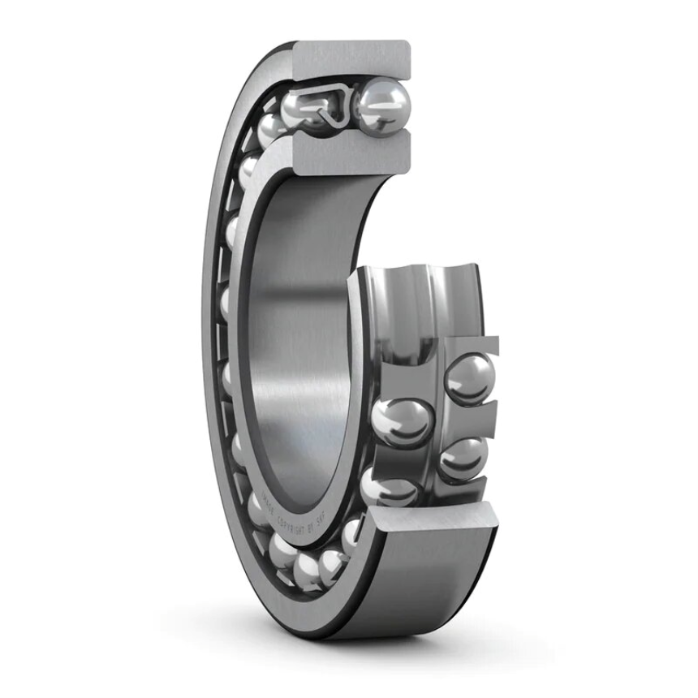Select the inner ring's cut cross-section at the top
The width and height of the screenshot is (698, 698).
pos(351,154)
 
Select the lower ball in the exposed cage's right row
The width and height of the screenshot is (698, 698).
pos(463,459)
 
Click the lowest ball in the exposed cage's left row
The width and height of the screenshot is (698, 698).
pos(388,487)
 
